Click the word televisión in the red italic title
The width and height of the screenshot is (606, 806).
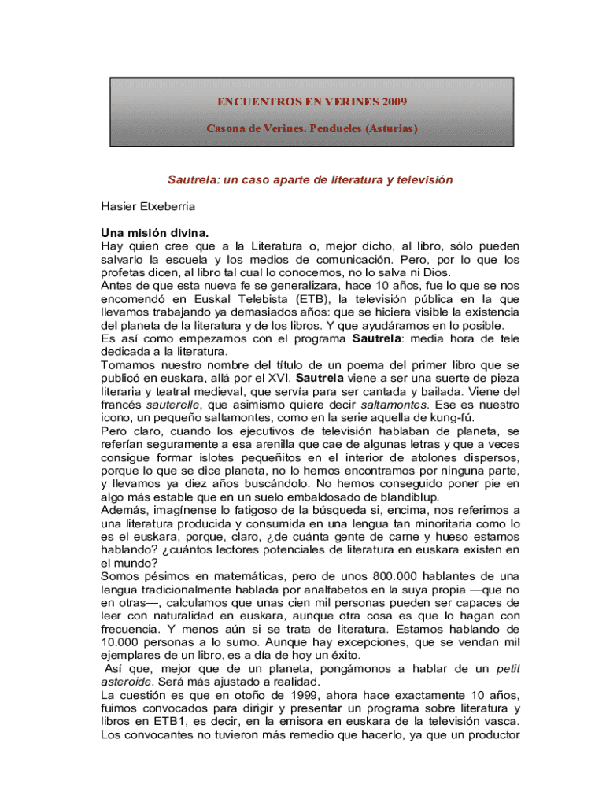[x=418, y=180]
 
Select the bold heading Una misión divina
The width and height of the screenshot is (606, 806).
[x=155, y=233]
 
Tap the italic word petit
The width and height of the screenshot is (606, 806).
[x=508, y=669]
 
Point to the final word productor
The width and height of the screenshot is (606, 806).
[x=490, y=735]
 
